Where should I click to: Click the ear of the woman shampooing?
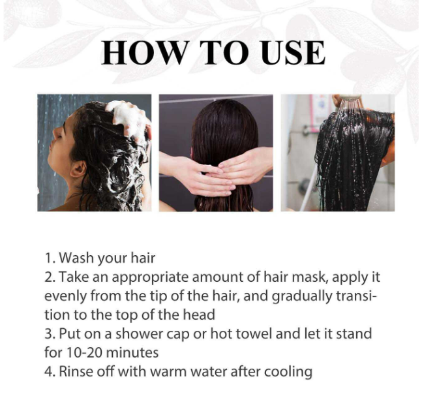pos(78,170)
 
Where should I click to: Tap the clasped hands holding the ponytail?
pos(215,172)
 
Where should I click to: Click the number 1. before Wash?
pos(50,258)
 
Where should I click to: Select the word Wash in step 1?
pos(77,258)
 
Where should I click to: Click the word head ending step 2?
pos(199,314)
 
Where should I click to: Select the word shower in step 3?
pos(140,333)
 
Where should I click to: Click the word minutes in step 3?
pos(132,352)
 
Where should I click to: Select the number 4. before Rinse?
pos(50,372)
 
